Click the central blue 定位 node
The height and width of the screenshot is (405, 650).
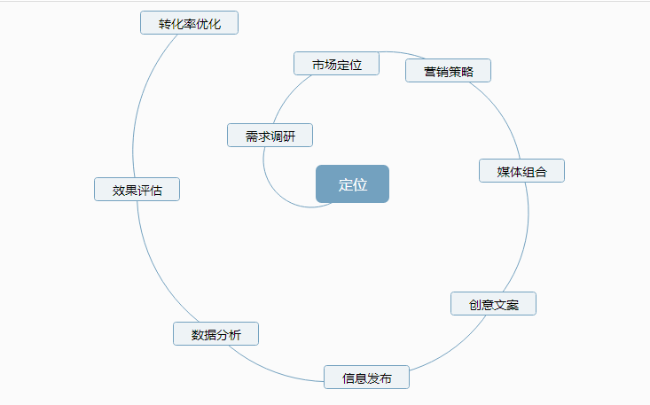[352, 184]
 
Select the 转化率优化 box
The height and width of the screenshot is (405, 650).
[189, 23]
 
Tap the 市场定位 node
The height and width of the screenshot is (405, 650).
[337, 64]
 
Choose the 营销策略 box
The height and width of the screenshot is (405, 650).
[448, 71]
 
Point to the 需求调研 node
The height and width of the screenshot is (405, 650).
[270, 136]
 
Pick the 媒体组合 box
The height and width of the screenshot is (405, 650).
[521, 171]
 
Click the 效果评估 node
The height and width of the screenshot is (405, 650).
[137, 190]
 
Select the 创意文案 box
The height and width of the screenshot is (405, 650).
[493, 304]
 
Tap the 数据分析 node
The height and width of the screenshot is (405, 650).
[215, 334]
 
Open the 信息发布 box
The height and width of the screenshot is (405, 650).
[366, 378]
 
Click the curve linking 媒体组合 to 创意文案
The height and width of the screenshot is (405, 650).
[525, 239]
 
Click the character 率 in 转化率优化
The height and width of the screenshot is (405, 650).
[189, 23]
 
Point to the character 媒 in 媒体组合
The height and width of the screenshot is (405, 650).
[504, 171]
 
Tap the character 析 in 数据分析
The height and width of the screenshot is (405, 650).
[235, 334]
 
